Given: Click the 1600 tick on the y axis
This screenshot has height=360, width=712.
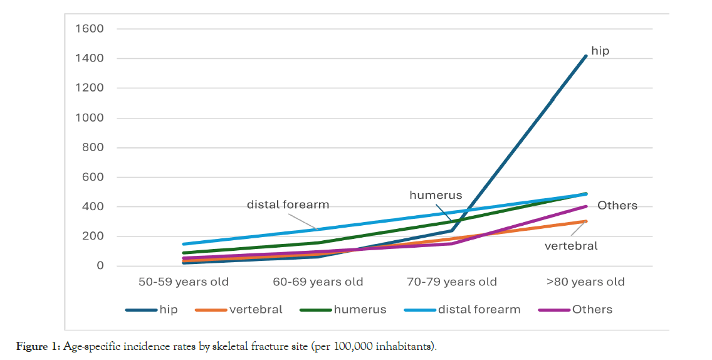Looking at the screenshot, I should pos(90,29).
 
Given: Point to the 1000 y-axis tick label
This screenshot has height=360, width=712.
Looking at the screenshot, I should pos(90,118).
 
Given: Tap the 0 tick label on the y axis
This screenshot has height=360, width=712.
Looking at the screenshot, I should pos(100,266).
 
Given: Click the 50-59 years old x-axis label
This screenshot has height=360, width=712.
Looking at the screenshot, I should pos(184,282).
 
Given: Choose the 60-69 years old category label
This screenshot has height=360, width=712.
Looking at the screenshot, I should pos(318,282).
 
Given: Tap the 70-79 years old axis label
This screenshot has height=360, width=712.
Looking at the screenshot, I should pos(452,282).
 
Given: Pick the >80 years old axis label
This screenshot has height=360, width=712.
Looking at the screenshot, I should pos(585,282).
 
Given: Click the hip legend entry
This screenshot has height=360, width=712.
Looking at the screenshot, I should pos(168,309).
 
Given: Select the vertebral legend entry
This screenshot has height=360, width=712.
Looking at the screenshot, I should pos(256,309).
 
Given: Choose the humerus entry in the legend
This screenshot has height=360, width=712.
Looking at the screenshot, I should pos(360,309).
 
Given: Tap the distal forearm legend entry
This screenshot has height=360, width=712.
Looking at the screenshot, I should pos(479,309).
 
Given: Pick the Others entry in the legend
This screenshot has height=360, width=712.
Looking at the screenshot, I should pos(592,309).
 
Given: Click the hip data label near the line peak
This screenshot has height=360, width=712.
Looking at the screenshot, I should pos(600,51).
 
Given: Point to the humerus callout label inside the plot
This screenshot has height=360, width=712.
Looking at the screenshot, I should pos(436,195).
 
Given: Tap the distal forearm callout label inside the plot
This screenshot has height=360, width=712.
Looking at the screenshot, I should pos(288,204).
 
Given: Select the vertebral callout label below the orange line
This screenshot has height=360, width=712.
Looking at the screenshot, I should pos(571,245).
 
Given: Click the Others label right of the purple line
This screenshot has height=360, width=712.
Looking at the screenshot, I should pos(617,205).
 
